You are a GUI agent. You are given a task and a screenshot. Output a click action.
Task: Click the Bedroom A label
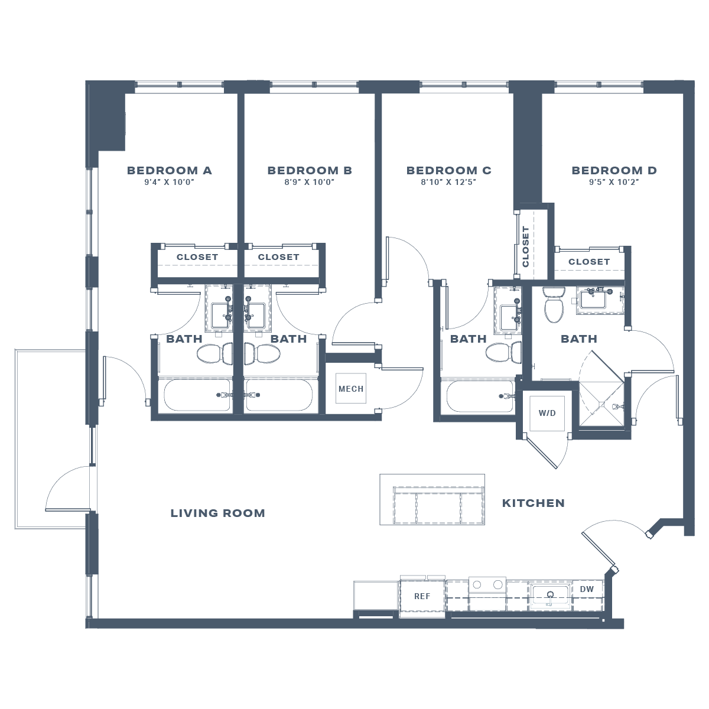[x=169, y=171]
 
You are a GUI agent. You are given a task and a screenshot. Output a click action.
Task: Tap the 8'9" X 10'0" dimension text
[x=309, y=183]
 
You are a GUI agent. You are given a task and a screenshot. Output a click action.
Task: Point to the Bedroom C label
[x=448, y=171]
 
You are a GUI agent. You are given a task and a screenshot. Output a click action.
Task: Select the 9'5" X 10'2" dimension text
[x=614, y=183]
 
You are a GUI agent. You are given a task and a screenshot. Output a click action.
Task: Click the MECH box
[x=351, y=389]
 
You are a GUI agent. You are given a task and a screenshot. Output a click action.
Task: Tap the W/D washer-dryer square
[x=547, y=413]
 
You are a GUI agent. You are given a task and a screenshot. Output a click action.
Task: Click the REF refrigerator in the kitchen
[x=422, y=597]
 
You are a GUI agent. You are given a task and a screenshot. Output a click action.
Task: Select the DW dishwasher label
[x=586, y=590]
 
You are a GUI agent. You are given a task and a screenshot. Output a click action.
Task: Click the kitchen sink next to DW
[x=550, y=596]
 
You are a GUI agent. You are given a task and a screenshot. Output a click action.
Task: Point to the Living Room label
[x=217, y=513]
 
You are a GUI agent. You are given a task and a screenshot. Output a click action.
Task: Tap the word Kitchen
[x=533, y=503]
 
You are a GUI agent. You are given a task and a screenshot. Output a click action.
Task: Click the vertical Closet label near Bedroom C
[x=526, y=246]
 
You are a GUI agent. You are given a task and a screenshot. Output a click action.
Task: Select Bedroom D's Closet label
[x=588, y=262]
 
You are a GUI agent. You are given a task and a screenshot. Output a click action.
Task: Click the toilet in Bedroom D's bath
[x=554, y=305]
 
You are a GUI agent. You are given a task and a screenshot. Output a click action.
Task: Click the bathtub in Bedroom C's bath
[x=480, y=396]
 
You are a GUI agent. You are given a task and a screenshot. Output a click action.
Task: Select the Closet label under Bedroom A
[x=197, y=258]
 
